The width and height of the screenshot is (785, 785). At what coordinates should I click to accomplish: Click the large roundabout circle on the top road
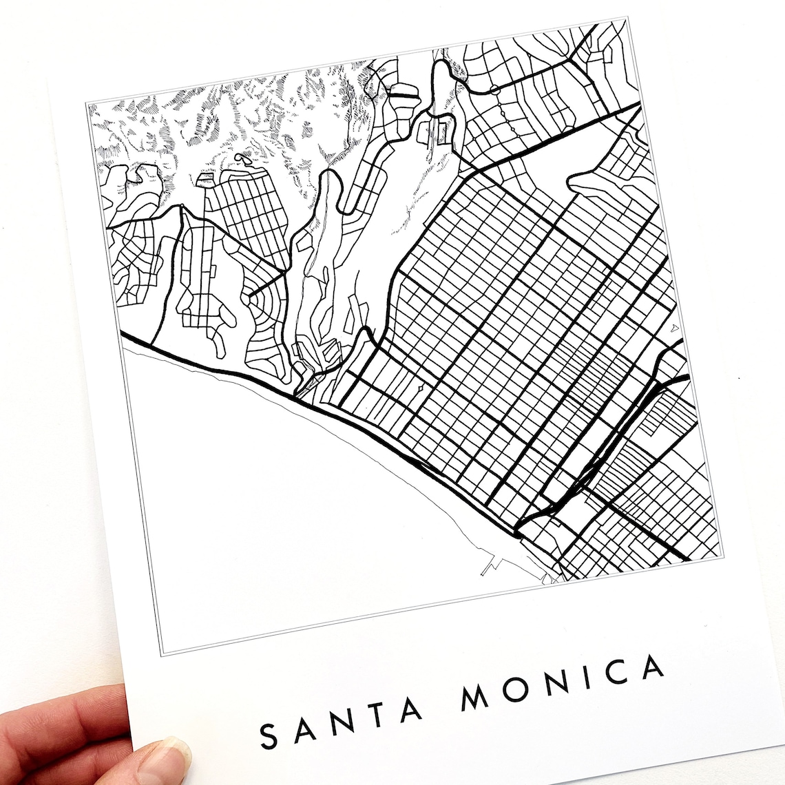click(494, 89)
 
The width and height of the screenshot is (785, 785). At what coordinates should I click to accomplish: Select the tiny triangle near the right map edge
click(675, 328)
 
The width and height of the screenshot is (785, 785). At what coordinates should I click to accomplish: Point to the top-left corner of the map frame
click(87, 103)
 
